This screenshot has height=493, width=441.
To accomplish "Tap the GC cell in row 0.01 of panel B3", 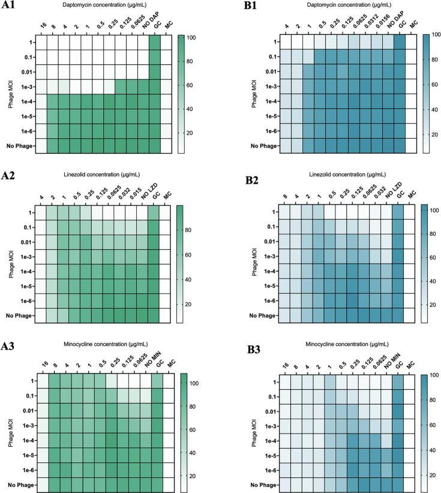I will [x=399, y=412].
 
